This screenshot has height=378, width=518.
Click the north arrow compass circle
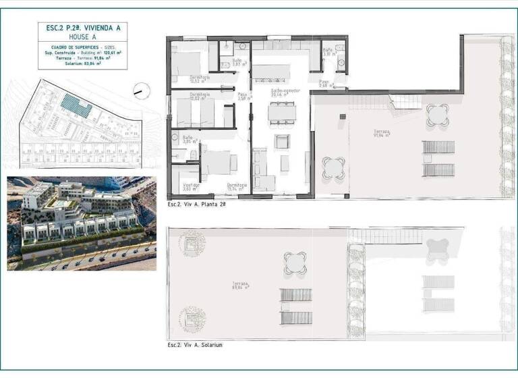142,90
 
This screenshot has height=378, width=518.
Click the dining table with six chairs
282,113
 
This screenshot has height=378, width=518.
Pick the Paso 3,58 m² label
244,97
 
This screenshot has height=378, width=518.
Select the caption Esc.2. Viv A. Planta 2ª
196,203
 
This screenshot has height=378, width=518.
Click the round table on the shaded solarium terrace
295,263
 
